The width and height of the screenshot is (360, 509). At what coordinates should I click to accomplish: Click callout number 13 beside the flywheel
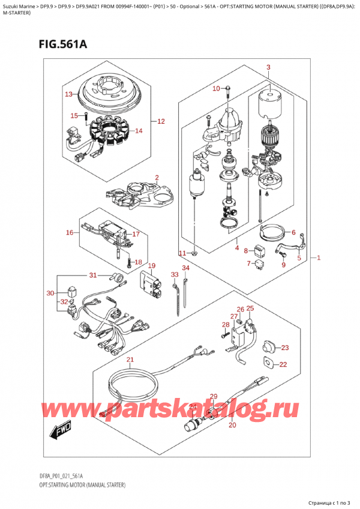68,94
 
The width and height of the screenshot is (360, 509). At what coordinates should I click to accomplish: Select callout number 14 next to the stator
139,130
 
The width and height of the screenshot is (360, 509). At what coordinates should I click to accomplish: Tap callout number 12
160,122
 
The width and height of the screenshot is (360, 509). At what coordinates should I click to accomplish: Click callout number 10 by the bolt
217,89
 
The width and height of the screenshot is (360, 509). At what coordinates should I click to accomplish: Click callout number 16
70,232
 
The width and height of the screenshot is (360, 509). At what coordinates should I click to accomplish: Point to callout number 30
50,294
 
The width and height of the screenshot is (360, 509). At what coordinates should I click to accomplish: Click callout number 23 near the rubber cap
284,348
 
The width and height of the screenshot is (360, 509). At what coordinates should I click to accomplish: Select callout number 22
283,364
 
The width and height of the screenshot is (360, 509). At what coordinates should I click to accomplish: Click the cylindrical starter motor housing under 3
269,103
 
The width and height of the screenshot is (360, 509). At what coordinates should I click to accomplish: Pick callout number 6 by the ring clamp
293,233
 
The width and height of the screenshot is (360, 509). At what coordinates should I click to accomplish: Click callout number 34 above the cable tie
186,268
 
